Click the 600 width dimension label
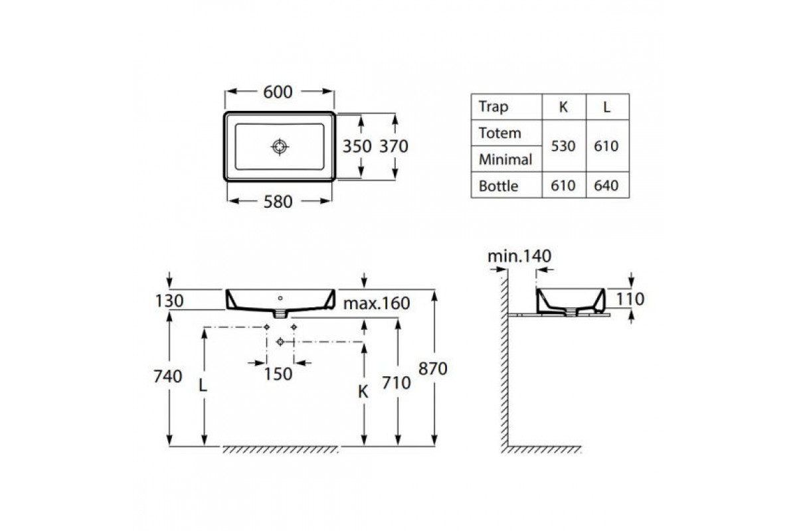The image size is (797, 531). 278,92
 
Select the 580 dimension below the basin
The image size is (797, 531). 278,202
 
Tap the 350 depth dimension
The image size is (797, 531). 357,146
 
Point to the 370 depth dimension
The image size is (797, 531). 393,146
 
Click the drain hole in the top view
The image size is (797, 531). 280,147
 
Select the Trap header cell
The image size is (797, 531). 493,106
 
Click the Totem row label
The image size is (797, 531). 499,133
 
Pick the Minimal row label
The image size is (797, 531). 505,159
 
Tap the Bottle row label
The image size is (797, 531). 498,186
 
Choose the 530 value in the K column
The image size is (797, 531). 563,146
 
